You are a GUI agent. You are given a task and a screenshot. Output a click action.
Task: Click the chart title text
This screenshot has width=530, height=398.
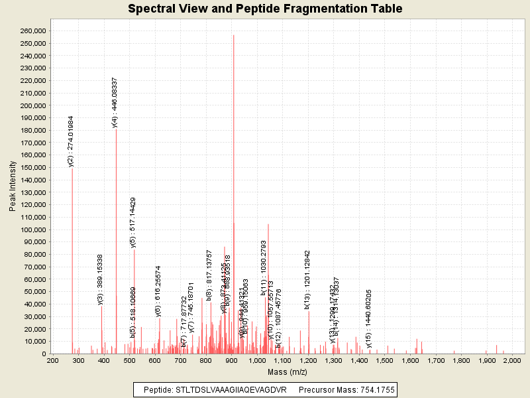[x=265, y=9]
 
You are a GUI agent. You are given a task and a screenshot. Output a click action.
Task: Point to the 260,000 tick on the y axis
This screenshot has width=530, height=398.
[x=32, y=31]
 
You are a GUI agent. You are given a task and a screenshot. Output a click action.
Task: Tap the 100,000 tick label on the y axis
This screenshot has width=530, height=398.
[x=32, y=230]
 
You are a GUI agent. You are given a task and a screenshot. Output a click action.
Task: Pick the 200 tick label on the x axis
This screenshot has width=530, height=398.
[x=52, y=360]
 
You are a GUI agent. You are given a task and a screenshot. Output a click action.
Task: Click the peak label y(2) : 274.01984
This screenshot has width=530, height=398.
[x=71, y=141]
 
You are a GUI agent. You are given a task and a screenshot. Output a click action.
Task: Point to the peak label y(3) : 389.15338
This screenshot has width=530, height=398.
[x=101, y=279]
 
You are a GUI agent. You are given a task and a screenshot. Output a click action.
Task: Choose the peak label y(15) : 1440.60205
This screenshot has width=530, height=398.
[x=369, y=310]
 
